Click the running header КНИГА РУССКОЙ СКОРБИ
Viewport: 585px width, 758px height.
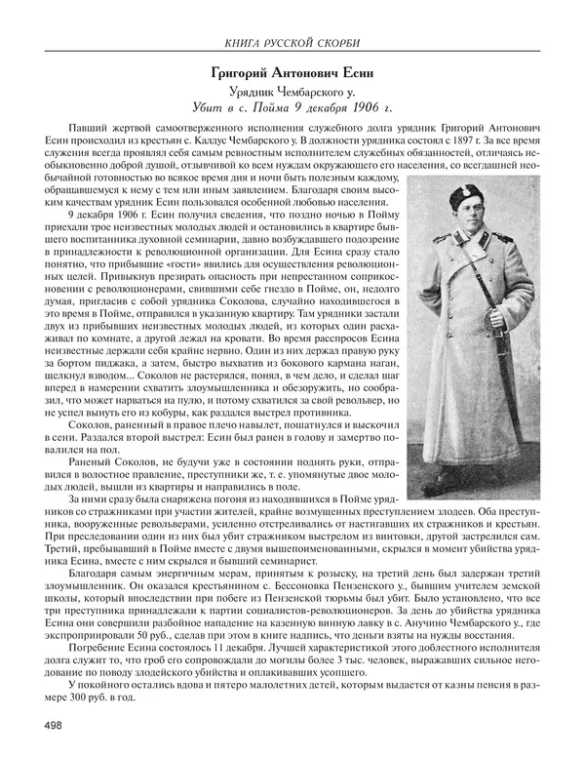292,41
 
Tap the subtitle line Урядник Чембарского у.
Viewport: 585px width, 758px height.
292,91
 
